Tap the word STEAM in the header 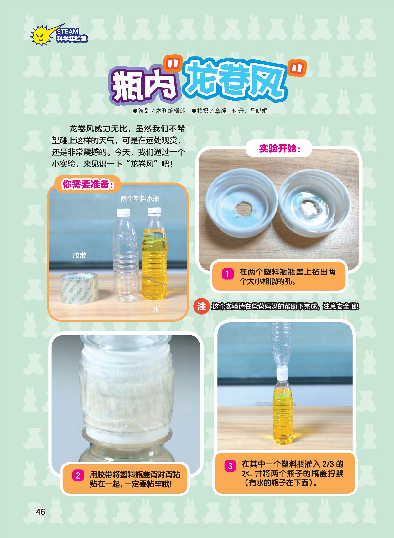coord(67,31)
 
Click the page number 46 coord(41,511)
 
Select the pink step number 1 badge coord(227,274)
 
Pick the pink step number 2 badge coord(78,476)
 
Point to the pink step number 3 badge coord(230,466)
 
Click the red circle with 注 coord(201,306)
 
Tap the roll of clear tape coord(79,287)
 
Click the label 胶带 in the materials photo coord(79,255)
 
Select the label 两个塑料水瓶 coord(140,198)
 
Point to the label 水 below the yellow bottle coord(156,310)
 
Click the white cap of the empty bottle coord(123,213)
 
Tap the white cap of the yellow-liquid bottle coord(154,211)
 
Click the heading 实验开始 coord(279,148)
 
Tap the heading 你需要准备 coord(87,184)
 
